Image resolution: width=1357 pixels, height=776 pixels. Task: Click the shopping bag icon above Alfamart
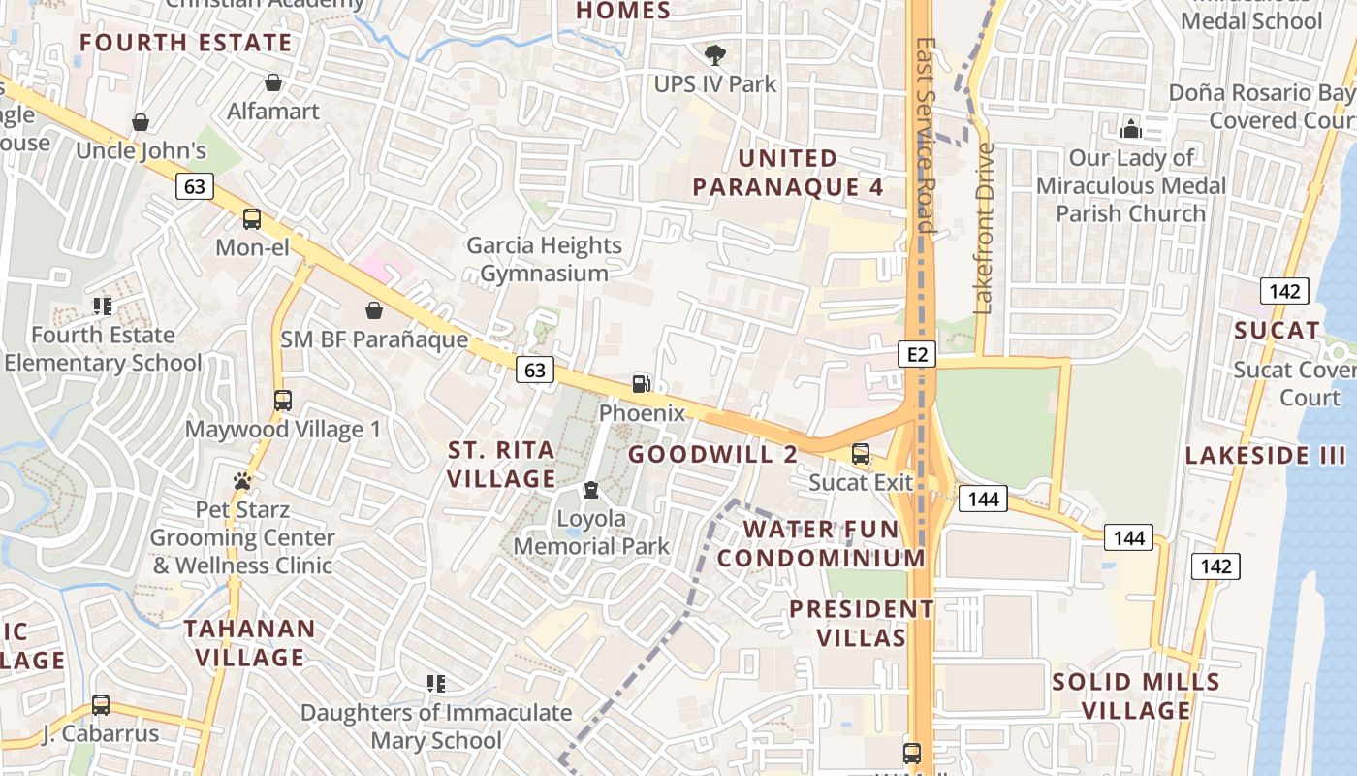click(x=273, y=83)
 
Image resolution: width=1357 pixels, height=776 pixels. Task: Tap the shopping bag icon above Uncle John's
click(x=141, y=122)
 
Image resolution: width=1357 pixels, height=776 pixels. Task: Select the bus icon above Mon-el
click(x=252, y=219)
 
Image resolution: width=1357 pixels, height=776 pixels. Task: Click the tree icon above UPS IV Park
click(x=715, y=54)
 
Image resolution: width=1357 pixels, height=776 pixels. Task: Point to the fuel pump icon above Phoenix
click(x=641, y=383)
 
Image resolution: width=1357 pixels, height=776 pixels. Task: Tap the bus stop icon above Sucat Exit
click(x=861, y=453)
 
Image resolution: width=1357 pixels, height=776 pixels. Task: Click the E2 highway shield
click(x=917, y=354)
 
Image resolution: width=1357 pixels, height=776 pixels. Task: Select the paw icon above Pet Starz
click(x=242, y=480)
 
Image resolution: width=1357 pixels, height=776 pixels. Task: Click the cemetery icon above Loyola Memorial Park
click(x=591, y=491)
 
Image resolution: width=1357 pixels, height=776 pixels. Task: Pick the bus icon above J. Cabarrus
click(x=101, y=705)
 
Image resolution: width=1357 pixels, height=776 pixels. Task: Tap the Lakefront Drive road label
click(x=985, y=229)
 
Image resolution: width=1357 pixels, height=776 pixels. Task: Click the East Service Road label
click(x=925, y=136)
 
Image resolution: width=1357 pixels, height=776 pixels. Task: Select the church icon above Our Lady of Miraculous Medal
click(x=1131, y=128)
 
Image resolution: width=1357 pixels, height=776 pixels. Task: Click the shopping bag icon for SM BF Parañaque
click(x=374, y=310)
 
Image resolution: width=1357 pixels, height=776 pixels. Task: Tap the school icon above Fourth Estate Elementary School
click(x=103, y=307)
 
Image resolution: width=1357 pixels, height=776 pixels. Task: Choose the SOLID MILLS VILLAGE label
click(x=1136, y=695)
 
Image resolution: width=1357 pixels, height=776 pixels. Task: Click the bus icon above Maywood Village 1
click(x=283, y=400)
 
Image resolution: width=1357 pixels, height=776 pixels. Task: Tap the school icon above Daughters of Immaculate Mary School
click(x=436, y=684)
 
